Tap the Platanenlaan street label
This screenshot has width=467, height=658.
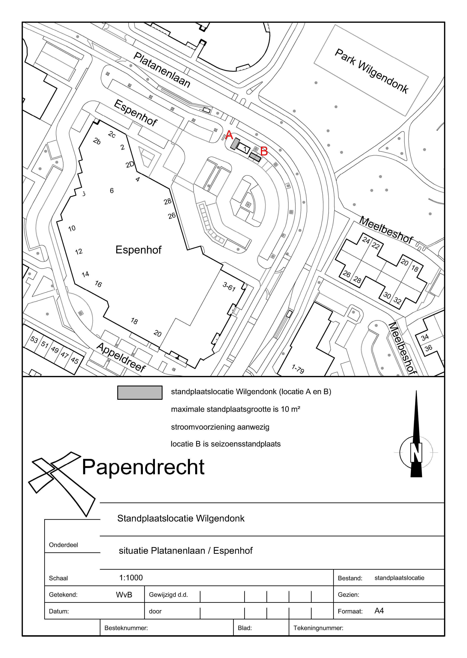162,70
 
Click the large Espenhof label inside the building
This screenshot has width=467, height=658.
138,250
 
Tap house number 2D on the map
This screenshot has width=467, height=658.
130,164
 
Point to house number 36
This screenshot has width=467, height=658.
428,348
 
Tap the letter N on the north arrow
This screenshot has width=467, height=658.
416,453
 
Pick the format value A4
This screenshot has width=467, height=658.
379,611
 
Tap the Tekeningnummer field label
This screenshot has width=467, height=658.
318,628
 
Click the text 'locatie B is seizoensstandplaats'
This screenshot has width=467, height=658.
226,444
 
